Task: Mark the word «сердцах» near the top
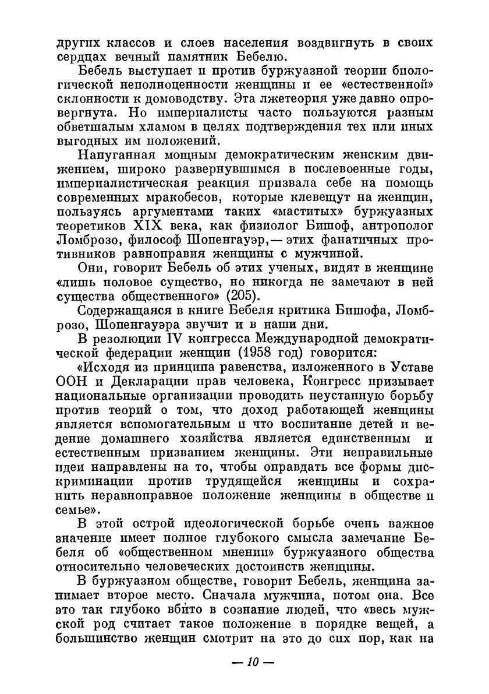click(80, 57)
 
